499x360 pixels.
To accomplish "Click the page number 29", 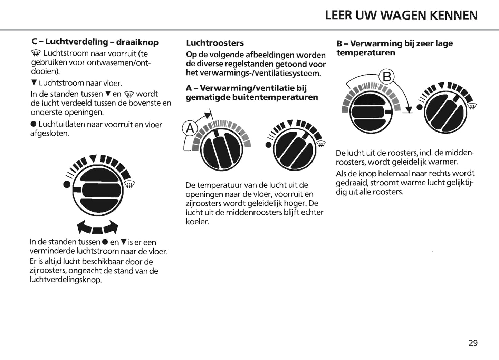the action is pos(473,343).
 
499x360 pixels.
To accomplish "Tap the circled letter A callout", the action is pos(190,128).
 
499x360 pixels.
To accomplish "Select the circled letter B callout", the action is pos(387,77).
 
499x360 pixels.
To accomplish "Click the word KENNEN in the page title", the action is pos(453,16).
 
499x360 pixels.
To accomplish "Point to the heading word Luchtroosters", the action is pos(215,43).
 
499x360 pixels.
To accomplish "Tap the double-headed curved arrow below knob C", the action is pos(97,227).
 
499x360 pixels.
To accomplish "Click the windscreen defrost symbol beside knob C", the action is pos(129,185).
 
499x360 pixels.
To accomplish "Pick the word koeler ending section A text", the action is pos(197,222).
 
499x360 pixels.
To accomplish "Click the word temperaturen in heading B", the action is pos(366,53).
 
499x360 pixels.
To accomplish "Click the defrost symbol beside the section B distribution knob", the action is pos(472,107).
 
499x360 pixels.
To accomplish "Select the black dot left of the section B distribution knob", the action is pos(420,107).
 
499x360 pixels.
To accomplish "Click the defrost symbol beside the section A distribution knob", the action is pos(321,144).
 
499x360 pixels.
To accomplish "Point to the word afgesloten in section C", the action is pos(49,133).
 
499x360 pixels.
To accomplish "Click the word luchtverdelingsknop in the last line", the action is pos(66,280).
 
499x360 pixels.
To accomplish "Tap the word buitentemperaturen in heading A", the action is pos(275,97).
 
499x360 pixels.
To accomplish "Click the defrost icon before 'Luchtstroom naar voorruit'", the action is pos(36,53).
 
